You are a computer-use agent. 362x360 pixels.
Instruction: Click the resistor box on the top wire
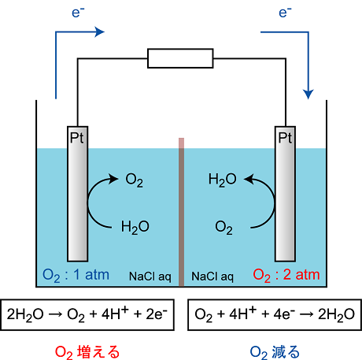click(x=180, y=58)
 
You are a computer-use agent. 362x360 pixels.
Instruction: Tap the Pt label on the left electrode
click(x=77, y=138)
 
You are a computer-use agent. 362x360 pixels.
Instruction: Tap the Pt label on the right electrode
click(x=285, y=138)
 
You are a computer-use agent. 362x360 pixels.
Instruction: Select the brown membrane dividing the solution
click(x=181, y=212)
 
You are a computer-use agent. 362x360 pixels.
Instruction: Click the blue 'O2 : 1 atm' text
click(x=76, y=276)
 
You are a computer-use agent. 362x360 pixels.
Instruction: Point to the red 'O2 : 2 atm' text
click(x=286, y=276)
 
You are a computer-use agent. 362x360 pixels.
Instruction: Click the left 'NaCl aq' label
click(x=150, y=276)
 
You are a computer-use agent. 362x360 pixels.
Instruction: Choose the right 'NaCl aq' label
click(x=212, y=276)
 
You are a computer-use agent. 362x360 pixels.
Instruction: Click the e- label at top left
click(x=78, y=13)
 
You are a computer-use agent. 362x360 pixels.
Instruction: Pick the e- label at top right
click(x=285, y=13)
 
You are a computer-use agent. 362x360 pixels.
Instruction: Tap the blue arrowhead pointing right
click(x=99, y=32)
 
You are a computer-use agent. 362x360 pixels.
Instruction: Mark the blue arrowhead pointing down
click(x=308, y=95)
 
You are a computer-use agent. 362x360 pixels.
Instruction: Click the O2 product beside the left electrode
click(x=135, y=180)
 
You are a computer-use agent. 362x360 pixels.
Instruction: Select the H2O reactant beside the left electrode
click(x=135, y=228)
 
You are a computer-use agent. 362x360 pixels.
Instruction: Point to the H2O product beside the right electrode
click(x=223, y=180)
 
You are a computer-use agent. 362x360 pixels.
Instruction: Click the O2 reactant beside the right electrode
click(x=223, y=228)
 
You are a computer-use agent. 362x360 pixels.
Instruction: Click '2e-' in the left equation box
click(x=157, y=314)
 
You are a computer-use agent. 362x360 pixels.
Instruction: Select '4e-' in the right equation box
click(x=284, y=314)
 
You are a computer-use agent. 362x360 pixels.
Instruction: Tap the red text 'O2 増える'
click(x=87, y=352)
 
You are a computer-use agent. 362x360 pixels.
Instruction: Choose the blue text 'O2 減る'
click(x=275, y=352)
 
